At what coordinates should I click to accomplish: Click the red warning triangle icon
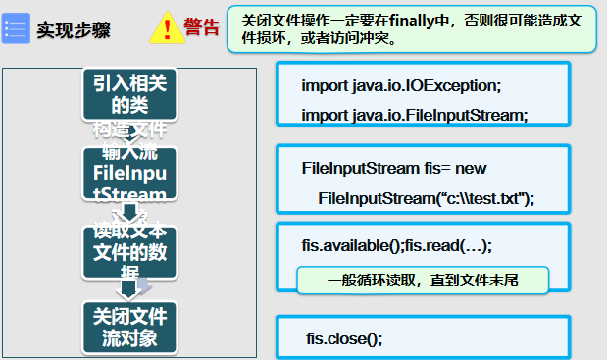[167, 28]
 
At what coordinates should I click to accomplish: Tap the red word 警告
[202, 26]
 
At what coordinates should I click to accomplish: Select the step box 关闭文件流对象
[129, 328]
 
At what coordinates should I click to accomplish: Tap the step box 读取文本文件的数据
[129, 251]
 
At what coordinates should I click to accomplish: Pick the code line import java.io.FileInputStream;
[414, 115]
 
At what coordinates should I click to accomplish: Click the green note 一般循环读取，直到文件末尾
[422, 280]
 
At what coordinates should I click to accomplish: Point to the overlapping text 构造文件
[129, 129]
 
